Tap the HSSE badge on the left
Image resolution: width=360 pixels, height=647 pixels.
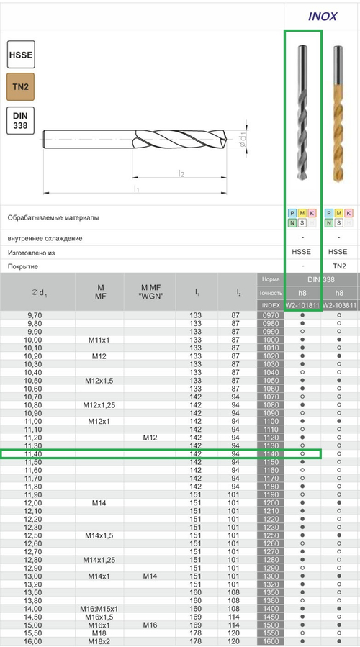[x=20, y=55]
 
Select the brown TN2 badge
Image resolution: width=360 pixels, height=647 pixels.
[x=20, y=87]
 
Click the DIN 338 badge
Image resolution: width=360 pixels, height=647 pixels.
[x=20, y=120]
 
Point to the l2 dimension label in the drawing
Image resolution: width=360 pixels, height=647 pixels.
[x=182, y=173]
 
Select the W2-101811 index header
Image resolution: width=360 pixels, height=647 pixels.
[x=302, y=305]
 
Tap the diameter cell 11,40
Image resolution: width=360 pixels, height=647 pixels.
[x=34, y=454]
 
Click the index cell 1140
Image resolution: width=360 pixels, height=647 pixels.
[x=271, y=454]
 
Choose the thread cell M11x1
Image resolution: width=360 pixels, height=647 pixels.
[x=100, y=340]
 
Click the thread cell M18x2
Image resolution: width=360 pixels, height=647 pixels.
[x=100, y=641]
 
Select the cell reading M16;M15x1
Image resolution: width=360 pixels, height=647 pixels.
[x=100, y=609]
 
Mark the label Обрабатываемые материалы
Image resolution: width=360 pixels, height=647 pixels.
[x=53, y=217]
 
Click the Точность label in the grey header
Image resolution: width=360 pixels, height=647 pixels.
[x=271, y=292]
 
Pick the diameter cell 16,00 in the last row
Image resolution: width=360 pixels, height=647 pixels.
[x=34, y=641]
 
